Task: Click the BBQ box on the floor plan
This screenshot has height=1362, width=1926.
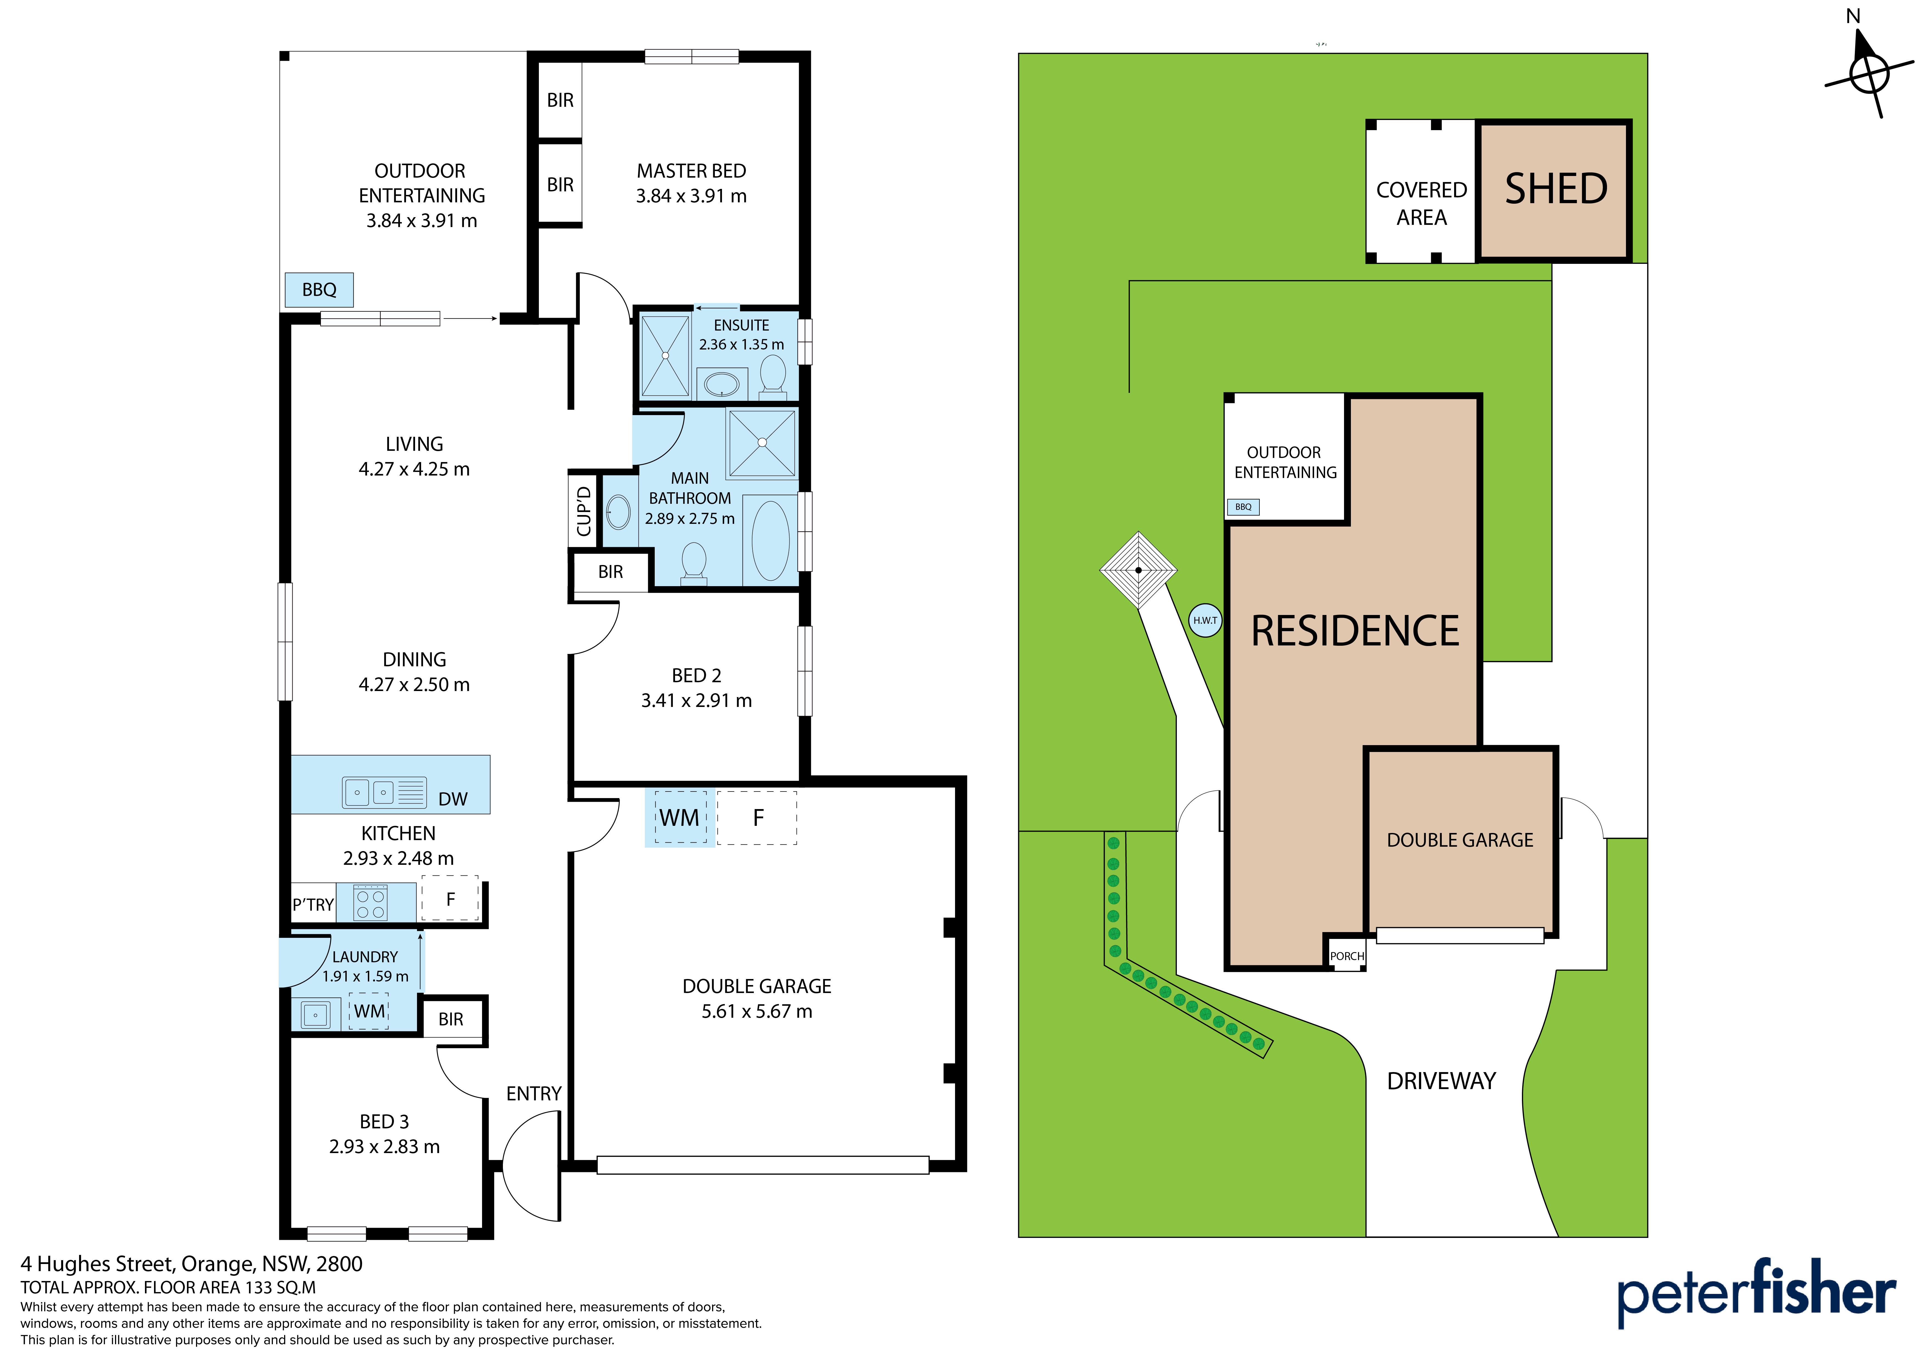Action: pos(319,290)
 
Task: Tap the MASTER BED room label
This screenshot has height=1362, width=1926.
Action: pos(691,171)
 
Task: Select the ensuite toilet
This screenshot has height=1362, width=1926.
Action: pos(772,375)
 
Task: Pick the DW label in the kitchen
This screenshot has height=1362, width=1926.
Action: pos(453,799)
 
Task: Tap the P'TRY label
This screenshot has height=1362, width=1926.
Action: pos(313,905)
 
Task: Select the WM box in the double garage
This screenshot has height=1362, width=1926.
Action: pos(679,817)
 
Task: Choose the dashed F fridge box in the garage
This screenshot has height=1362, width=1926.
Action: pos(757,817)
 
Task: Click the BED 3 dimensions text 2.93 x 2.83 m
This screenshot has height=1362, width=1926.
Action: pos(384,1146)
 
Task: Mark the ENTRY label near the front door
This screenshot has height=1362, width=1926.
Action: pos(533,1093)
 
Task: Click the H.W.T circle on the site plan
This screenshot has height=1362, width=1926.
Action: pos(1205,620)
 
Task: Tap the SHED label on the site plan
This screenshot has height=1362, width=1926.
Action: pos(1556,189)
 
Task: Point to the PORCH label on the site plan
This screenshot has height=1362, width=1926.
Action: pos(1346,956)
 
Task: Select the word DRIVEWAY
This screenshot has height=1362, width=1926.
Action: pos(1441,1081)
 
